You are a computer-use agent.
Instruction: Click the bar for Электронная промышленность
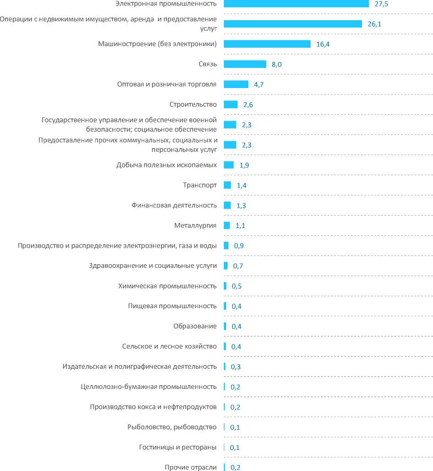pyautogui.click(x=296, y=4)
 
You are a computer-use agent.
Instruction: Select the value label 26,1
pyautogui.click(x=375, y=24)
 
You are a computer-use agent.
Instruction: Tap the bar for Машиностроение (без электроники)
pyautogui.click(x=267, y=44)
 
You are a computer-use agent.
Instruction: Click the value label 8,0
pyautogui.click(x=277, y=64)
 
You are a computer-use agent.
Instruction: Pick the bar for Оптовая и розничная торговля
pyautogui.click(x=236, y=84)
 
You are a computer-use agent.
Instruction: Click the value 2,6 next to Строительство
pyautogui.click(x=248, y=105)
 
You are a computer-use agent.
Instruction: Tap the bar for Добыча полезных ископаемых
pyautogui.click(x=228, y=165)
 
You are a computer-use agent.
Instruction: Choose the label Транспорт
pyautogui.click(x=200, y=185)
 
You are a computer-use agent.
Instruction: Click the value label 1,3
pyautogui.click(x=241, y=205)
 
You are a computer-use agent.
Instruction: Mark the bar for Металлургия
pyautogui.click(x=227, y=226)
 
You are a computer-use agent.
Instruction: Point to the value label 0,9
pyautogui.click(x=239, y=246)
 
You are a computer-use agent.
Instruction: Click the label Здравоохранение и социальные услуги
pyautogui.click(x=152, y=266)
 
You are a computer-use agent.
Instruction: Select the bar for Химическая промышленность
pyautogui.click(x=225, y=286)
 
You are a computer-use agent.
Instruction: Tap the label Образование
pyautogui.click(x=195, y=327)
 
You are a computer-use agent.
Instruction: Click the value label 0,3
pyautogui.click(x=236, y=367)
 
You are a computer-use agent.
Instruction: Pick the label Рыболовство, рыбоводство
pyautogui.click(x=172, y=427)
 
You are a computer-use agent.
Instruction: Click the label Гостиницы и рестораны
pyautogui.click(x=178, y=448)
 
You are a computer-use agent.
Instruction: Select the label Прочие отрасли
pyautogui.click(x=190, y=467)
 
